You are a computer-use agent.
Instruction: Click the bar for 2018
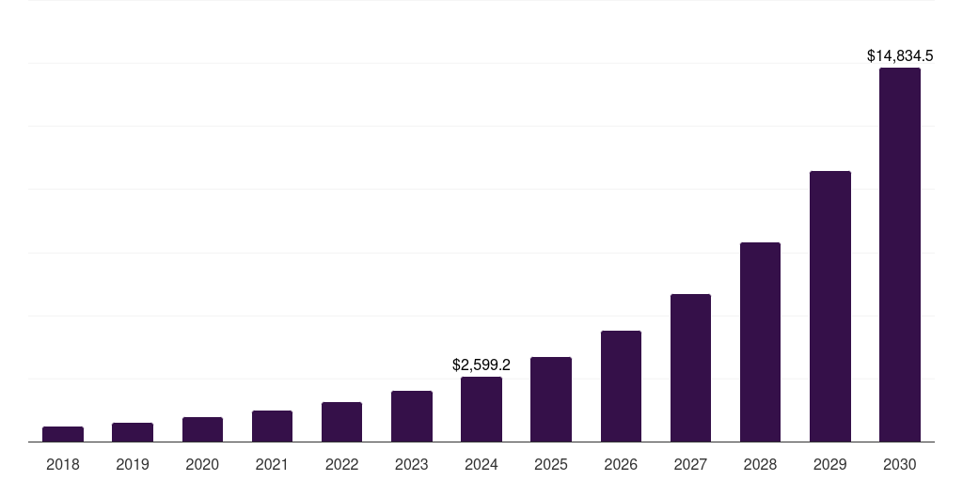click(x=63, y=434)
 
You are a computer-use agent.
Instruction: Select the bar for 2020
click(x=202, y=429)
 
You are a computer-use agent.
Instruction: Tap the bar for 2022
click(x=341, y=422)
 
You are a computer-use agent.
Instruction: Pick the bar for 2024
click(x=481, y=410)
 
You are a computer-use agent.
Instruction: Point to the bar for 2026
click(x=621, y=386)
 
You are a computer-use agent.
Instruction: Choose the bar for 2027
click(x=690, y=368)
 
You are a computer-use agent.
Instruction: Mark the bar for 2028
click(x=760, y=342)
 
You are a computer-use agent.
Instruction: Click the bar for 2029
click(x=829, y=306)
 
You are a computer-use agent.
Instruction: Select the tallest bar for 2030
click(x=900, y=255)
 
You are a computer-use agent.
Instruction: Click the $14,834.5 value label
click(x=900, y=56)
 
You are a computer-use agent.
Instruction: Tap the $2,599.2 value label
click(x=481, y=365)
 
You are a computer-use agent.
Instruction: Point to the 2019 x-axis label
click(x=133, y=464)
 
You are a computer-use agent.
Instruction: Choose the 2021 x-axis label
click(x=272, y=464)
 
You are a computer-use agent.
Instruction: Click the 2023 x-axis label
click(x=411, y=464)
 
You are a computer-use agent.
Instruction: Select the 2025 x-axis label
click(x=551, y=464)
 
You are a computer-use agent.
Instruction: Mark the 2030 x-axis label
click(x=900, y=464)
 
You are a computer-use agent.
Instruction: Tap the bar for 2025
click(x=551, y=399)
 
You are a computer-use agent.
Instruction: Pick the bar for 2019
click(x=133, y=432)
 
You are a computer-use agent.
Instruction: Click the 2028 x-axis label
click(x=760, y=464)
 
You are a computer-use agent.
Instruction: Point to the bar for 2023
click(x=411, y=416)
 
